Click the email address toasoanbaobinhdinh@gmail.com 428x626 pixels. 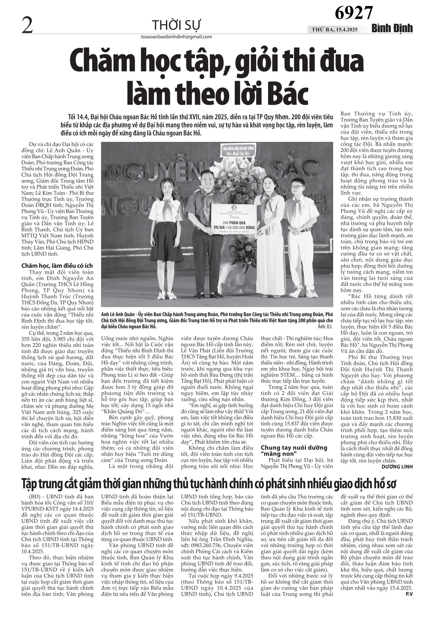(x=176, y=37)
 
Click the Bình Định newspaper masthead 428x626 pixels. (x=392, y=29)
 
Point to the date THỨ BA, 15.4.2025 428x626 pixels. (x=335, y=30)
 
